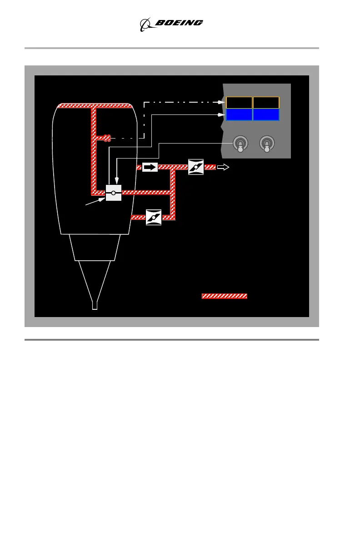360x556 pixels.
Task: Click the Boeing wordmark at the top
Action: click(179, 23)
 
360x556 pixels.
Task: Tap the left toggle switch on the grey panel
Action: click(240, 144)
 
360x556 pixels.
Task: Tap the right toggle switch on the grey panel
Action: click(267, 144)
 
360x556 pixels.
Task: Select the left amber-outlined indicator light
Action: click(239, 103)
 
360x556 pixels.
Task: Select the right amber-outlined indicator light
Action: click(266, 103)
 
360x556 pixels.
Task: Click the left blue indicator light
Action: click(239, 114)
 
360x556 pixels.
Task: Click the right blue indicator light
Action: click(266, 114)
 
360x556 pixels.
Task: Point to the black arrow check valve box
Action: click(150, 167)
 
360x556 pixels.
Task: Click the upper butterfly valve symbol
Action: click(196, 167)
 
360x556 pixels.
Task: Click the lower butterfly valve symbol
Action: click(154, 218)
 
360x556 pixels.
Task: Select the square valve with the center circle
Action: click(113, 193)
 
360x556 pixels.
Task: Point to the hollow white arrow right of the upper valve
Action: click(223, 167)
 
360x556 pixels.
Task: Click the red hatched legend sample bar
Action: click(225, 296)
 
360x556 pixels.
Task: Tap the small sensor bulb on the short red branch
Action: click(107, 138)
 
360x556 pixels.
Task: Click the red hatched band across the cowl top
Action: click(95, 106)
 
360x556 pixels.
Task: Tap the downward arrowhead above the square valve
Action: click(117, 182)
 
